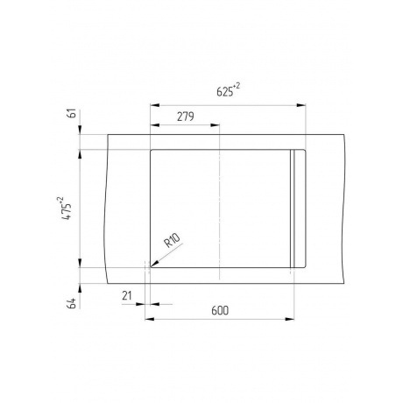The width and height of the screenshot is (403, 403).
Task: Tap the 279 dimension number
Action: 185,117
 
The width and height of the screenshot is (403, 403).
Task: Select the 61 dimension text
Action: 72,113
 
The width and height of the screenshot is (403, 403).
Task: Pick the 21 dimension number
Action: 127,296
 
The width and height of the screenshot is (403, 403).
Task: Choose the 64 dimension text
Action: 72,303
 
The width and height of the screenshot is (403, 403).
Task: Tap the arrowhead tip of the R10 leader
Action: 150,260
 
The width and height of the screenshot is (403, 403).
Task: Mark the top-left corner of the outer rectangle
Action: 109,134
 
